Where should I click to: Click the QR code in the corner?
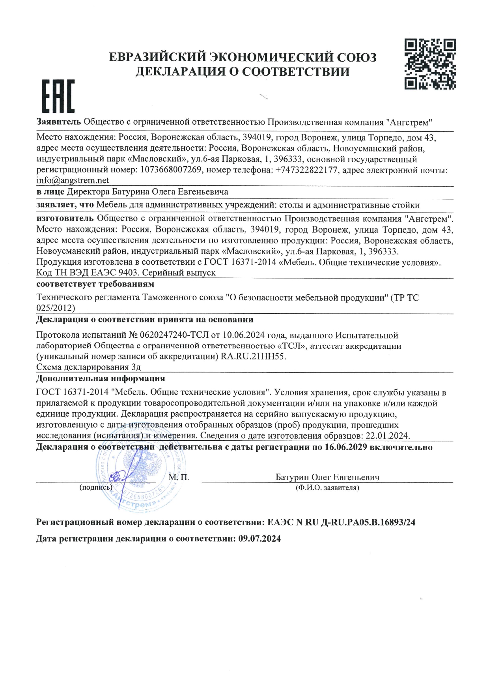[430, 64]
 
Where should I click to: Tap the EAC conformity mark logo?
[58, 96]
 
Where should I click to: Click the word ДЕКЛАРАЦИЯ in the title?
[180, 72]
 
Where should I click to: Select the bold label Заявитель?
[59, 122]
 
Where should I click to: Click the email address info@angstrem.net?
[73, 181]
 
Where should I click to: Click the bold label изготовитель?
[65, 218]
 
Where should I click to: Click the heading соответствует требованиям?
[95, 284]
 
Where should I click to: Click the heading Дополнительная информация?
[101, 379]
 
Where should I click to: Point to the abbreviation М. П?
[179, 477]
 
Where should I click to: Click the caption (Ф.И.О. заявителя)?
[327, 488]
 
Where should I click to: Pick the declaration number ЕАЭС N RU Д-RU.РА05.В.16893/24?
[341, 522]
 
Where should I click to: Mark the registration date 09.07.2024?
[259, 539]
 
